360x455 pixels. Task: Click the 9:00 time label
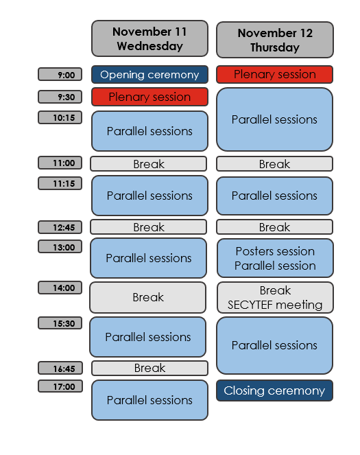click(60, 74)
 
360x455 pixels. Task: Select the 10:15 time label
click(60, 117)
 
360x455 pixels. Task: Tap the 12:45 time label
click(60, 227)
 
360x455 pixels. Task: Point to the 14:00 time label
click(60, 288)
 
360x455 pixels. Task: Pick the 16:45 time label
click(60, 368)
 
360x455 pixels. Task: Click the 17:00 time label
click(60, 386)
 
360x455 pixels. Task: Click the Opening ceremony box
click(150, 75)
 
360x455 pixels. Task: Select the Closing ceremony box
click(274, 390)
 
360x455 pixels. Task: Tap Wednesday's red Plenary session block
click(150, 97)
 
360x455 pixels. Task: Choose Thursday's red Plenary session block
click(274, 74)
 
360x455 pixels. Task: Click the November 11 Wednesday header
click(150, 38)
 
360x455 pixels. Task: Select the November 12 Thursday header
click(275, 40)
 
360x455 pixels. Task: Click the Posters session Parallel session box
click(275, 258)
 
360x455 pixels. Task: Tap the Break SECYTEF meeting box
click(275, 297)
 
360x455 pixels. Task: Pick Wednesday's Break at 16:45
click(150, 368)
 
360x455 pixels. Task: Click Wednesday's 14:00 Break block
click(148, 297)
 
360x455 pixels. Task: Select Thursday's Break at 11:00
click(274, 164)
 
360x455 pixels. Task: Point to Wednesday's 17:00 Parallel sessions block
click(150, 400)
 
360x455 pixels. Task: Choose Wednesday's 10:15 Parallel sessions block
click(150, 131)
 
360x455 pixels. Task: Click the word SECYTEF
click(250, 305)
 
